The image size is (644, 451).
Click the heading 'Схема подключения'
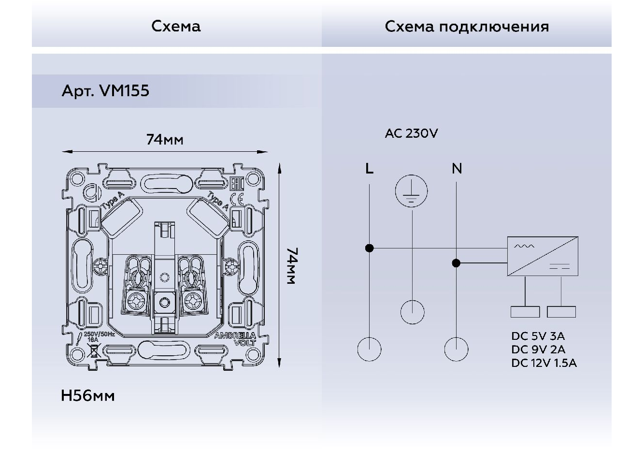coord(467,27)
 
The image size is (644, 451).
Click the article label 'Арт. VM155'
coord(105,91)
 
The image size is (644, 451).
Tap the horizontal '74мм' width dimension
coord(165,140)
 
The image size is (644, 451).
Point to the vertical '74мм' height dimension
coord(291,266)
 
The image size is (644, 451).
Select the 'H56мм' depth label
coord(88,396)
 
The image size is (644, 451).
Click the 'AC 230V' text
coord(411,133)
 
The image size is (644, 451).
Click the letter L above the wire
coord(369,169)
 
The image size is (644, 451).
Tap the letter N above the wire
coord(457,169)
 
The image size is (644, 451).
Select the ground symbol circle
coord(412,191)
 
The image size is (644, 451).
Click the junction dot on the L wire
coord(369,248)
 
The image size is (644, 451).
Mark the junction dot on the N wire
coord(456,263)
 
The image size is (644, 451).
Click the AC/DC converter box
coord(543,256)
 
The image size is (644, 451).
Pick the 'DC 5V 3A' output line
coord(538,336)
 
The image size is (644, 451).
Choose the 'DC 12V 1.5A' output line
coord(544,363)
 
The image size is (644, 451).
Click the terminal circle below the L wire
coord(369,349)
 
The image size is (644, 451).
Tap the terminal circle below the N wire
coord(456,349)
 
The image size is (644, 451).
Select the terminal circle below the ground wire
coord(412,312)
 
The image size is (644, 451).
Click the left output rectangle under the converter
coord(525,312)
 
